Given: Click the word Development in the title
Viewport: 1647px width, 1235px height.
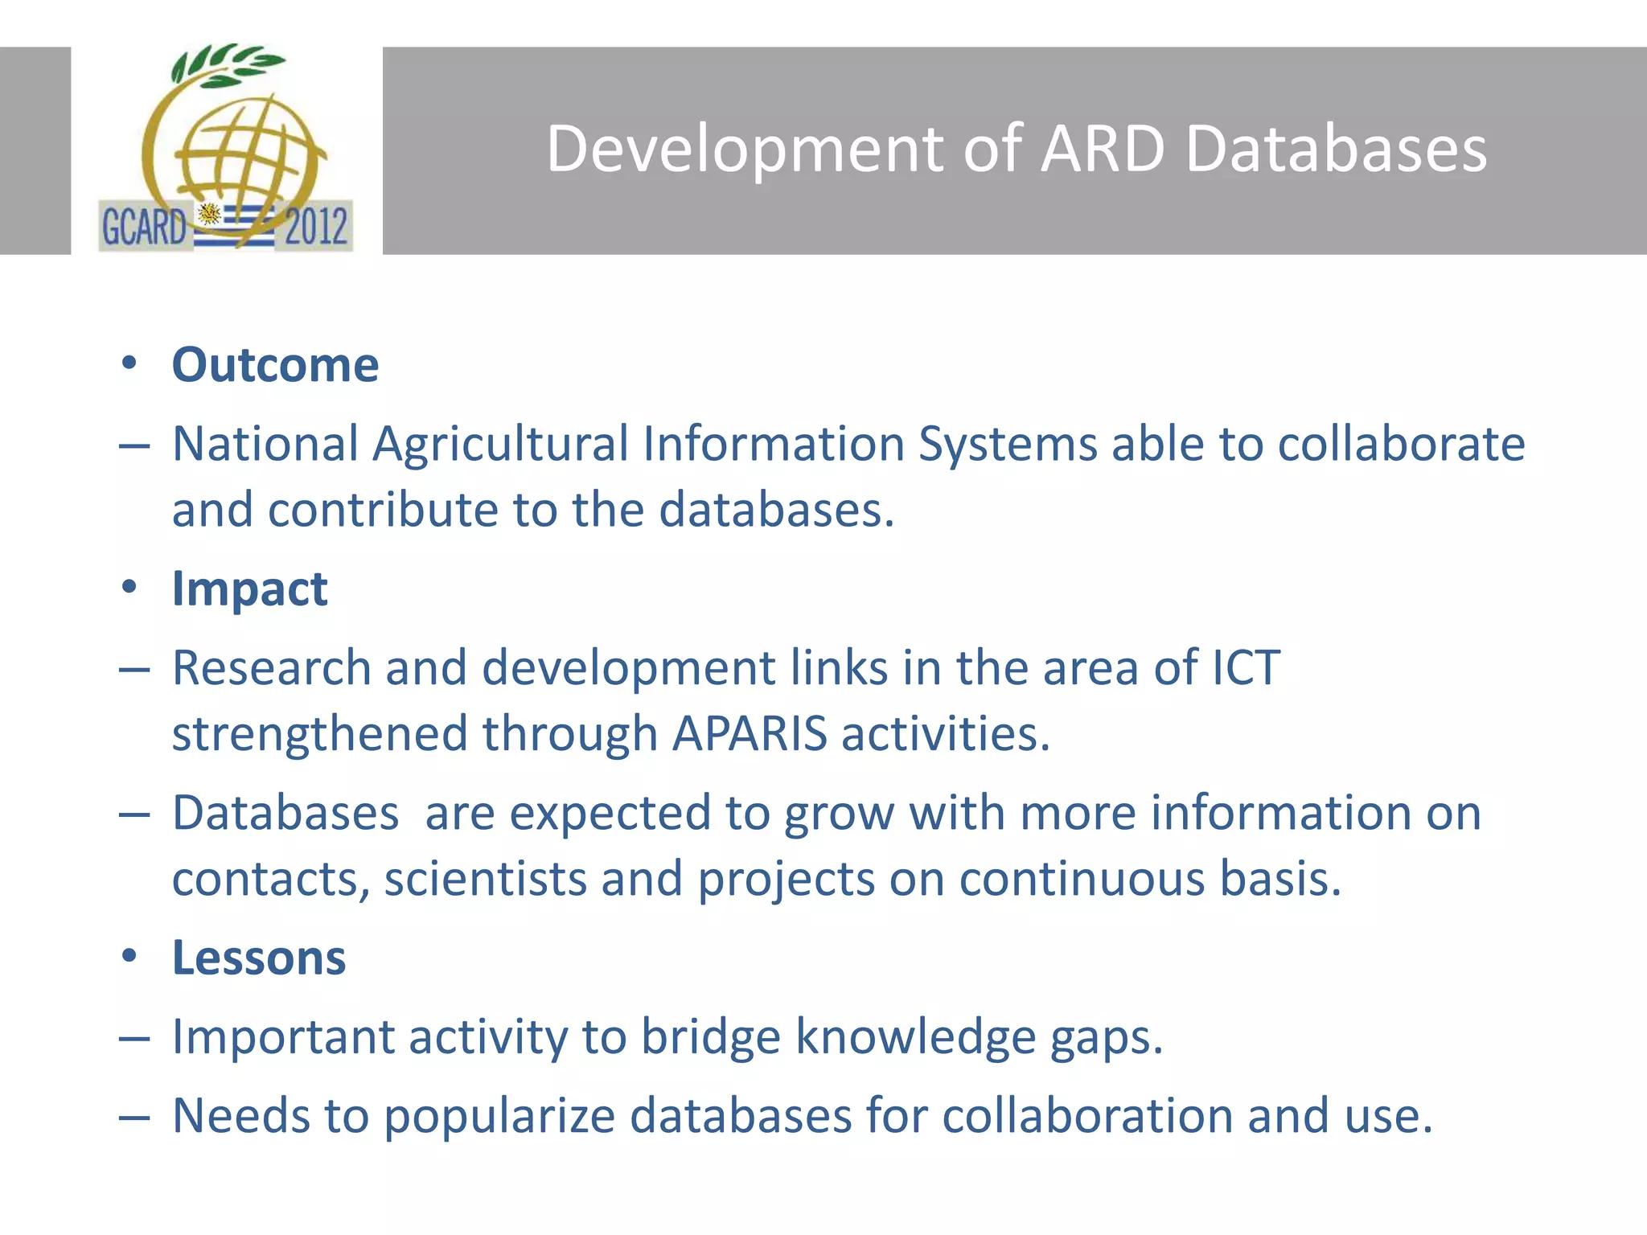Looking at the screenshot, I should point(745,150).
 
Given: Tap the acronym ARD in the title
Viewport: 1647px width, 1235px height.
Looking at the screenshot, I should point(1102,150).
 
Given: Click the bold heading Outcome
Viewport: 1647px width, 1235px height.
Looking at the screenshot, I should point(275,366).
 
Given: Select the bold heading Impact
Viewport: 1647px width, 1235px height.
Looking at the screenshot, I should point(249,589).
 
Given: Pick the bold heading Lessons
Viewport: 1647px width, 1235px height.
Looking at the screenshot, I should point(259,958).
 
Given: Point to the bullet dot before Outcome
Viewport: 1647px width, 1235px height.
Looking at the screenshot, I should point(129,363).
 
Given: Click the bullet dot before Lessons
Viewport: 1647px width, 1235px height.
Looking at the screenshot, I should point(129,956).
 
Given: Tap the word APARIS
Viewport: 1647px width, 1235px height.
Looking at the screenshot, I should point(750,734).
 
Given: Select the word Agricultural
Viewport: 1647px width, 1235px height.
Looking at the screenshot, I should point(500,444).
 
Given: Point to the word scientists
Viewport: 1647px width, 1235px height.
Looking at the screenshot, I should point(485,879).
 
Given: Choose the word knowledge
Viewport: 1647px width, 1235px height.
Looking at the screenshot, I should point(915,1037).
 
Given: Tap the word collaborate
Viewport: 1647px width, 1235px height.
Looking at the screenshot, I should point(1401,444).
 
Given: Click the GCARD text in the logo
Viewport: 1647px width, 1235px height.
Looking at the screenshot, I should point(143,227).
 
